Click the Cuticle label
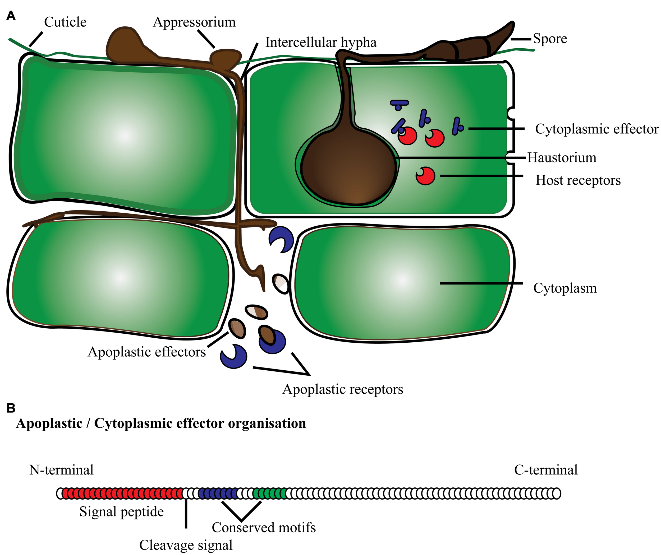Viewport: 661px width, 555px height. (x=65, y=22)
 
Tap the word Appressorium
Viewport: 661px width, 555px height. (x=194, y=22)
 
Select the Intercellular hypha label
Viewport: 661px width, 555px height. (x=320, y=43)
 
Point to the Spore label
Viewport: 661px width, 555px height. (x=550, y=39)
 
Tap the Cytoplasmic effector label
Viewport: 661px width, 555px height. (x=596, y=129)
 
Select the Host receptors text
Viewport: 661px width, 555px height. (x=578, y=180)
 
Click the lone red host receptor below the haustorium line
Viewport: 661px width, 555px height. (x=425, y=176)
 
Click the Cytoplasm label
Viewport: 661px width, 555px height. (x=565, y=288)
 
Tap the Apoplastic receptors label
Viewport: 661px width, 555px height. (x=343, y=389)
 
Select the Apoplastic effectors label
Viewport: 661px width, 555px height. (x=147, y=352)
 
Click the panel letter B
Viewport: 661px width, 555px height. (x=11, y=408)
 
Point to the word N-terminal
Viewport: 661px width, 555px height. (x=61, y=470)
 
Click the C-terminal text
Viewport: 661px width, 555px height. (x=546, y=470)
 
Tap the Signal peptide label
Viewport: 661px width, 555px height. (x=122, y=512)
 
